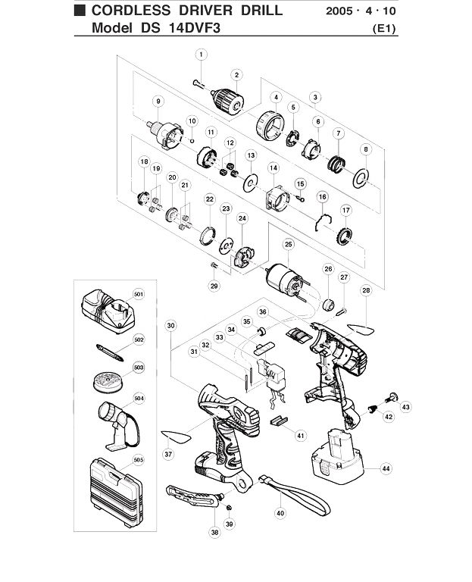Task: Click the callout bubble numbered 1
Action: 201,55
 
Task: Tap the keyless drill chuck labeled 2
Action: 228,99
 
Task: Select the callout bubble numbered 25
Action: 289,244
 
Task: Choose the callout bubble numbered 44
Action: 386,469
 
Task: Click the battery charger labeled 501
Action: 108,311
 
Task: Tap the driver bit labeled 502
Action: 110,352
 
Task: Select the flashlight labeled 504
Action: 119,426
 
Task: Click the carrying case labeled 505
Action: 116,491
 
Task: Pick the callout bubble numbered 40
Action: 280,513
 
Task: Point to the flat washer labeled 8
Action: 361,178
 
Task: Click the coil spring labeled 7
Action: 337,164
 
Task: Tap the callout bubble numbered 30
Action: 170,326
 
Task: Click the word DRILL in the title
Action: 261,11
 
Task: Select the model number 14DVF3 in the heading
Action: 195,28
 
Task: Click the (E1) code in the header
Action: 384,29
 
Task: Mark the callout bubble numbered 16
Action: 323,197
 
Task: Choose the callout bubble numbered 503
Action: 139,368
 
